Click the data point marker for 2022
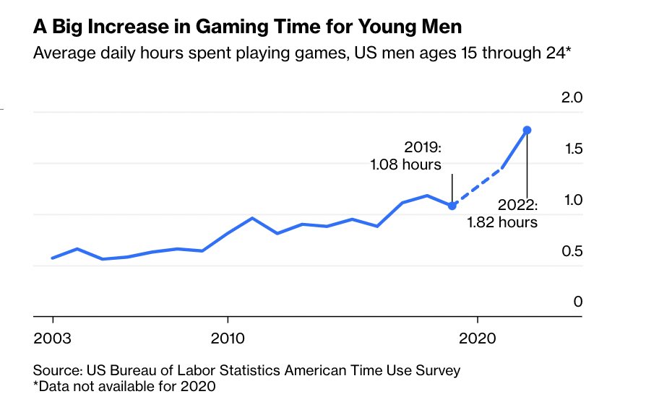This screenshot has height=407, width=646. click(x=527, y=130)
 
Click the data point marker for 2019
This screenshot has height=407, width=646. click(x=452, y=206)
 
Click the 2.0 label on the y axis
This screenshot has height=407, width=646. click(x=572, y=98)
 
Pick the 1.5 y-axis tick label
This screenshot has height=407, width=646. click(x=572, y=149)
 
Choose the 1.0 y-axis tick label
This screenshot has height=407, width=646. click(x=572, y=200)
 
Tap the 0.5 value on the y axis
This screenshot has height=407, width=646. click(x=572, y=251)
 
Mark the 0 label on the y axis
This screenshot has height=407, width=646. click(x=577, y=302)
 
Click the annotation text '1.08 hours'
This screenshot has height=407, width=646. click(x=405, y=165)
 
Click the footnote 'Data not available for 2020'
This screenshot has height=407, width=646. click(x=127, y=386)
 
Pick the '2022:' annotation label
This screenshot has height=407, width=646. click(x=519, y=205)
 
